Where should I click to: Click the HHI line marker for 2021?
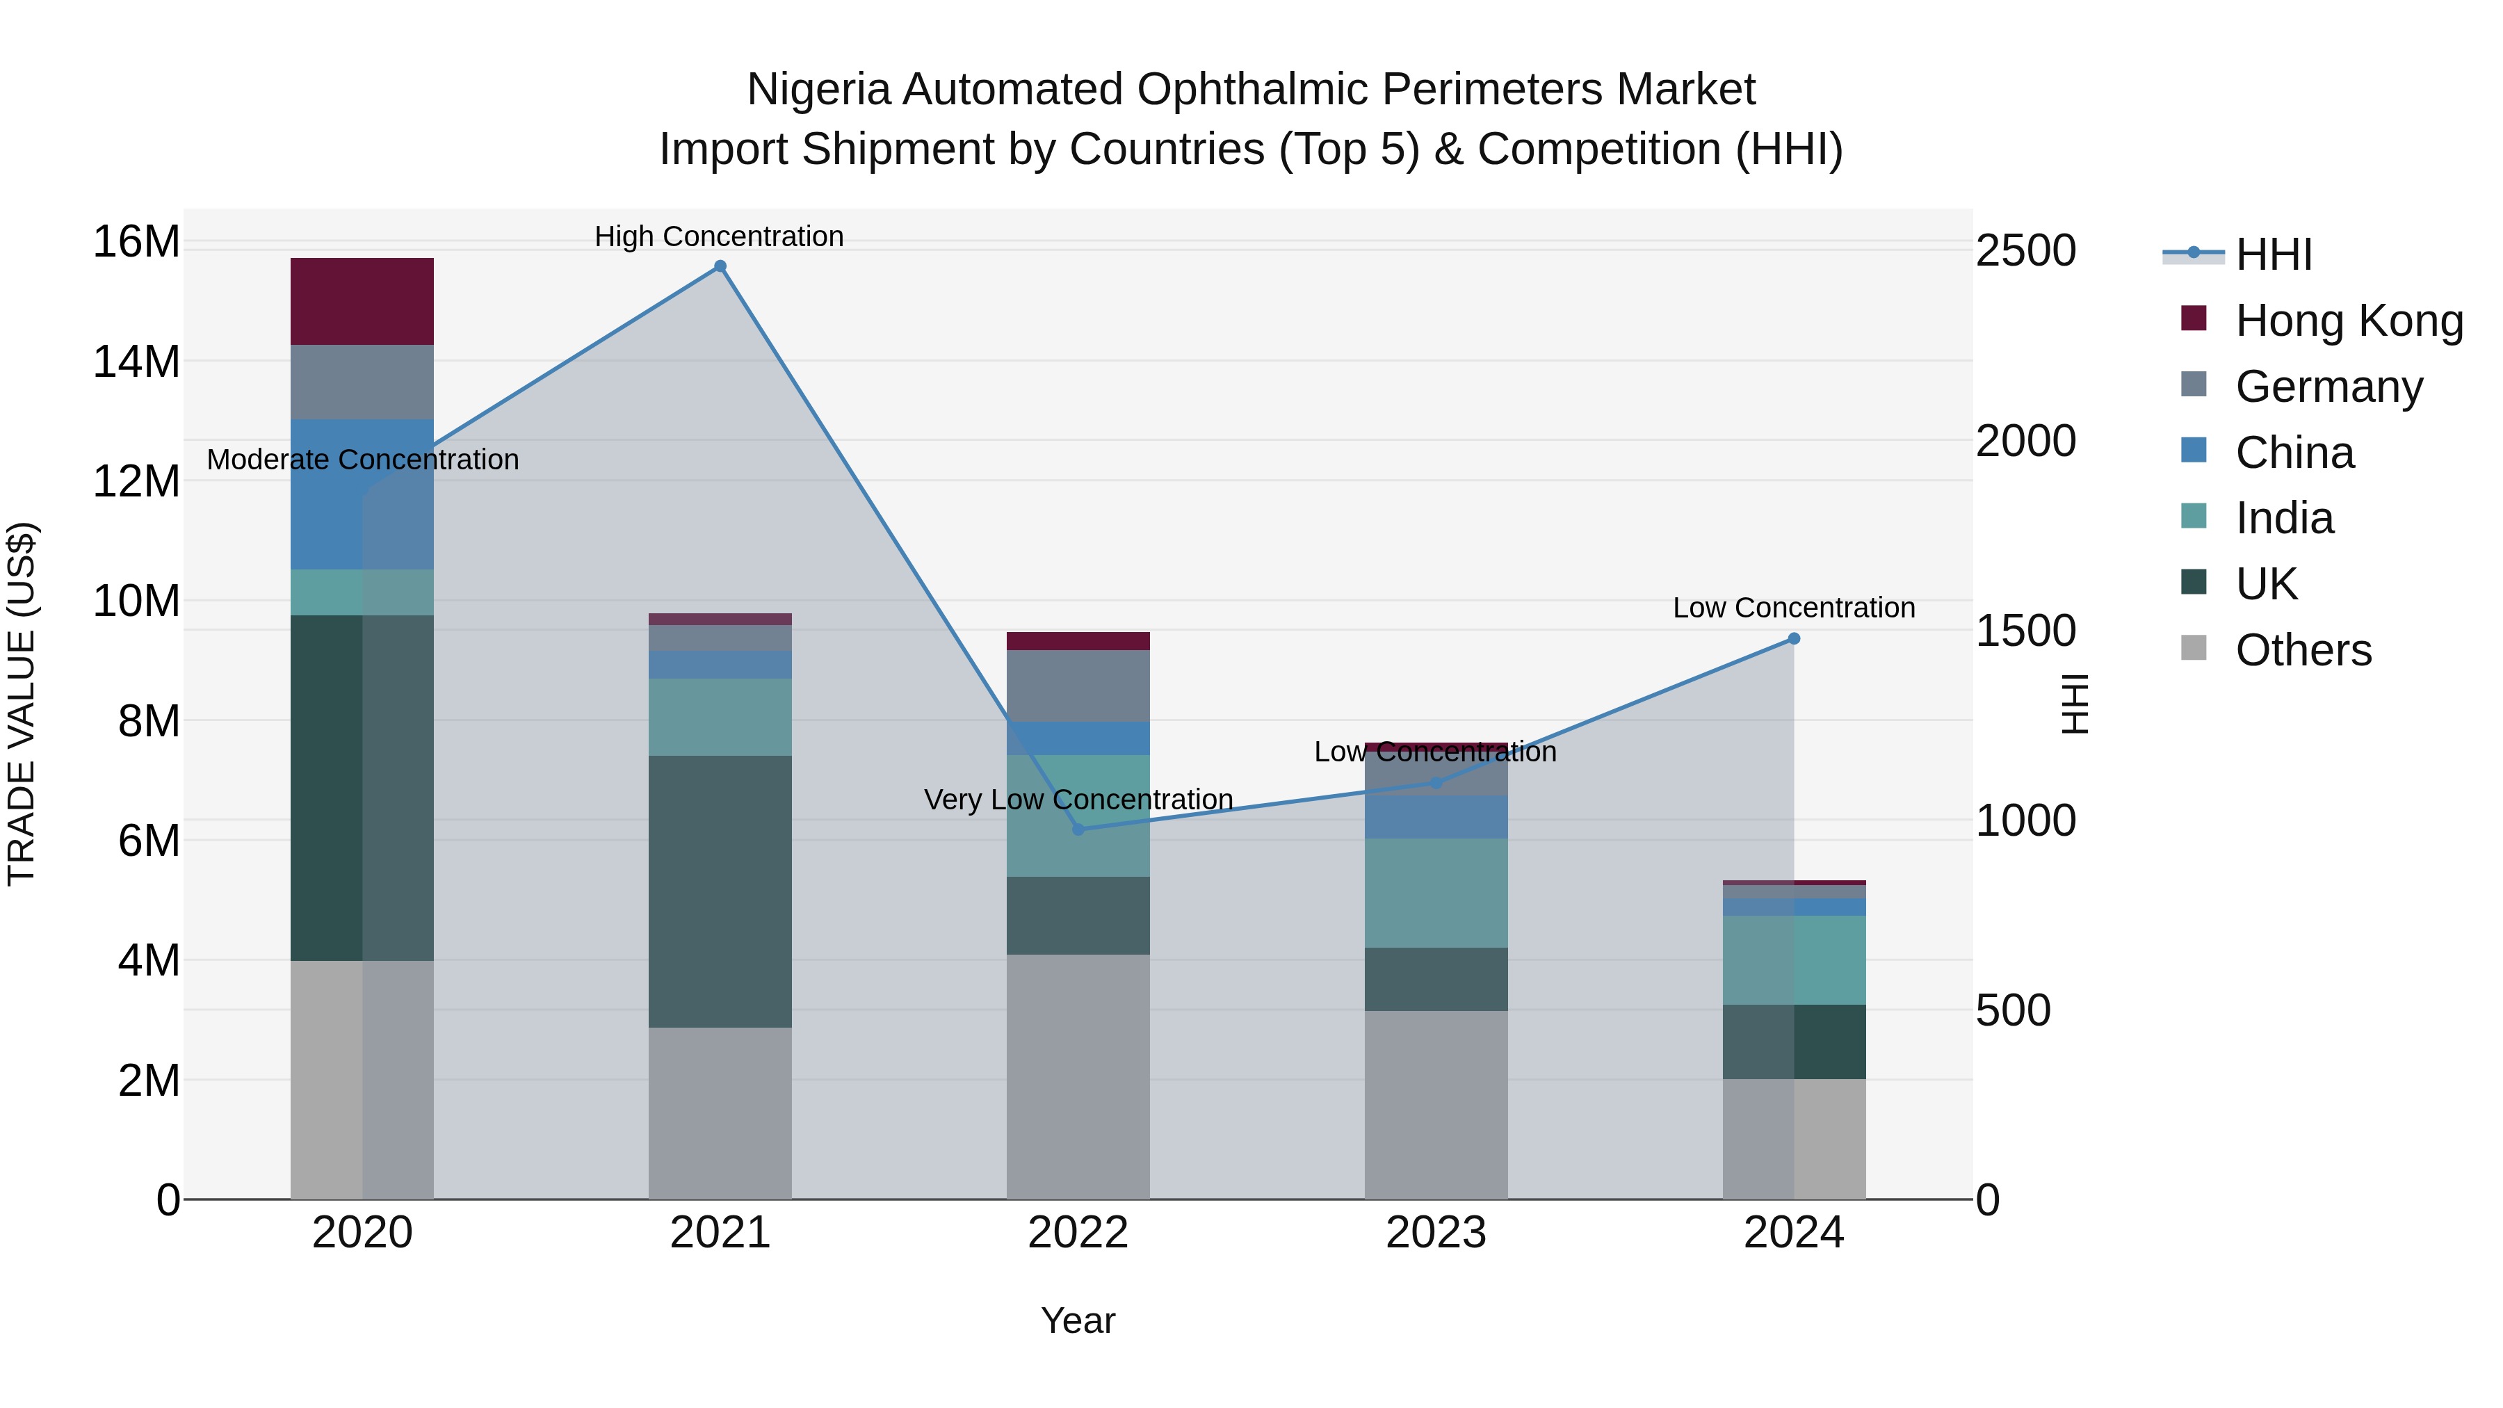(720, 266)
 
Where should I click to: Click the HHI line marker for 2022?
(1078, 829)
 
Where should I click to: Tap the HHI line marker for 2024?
(1794, 638)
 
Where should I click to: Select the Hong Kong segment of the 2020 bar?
(362, 301)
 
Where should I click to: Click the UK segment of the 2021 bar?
(720, 891)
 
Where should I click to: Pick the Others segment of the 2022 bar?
(1078, 1076)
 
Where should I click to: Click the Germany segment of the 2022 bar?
(1078, 685)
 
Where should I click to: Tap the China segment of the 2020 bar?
(362, 494)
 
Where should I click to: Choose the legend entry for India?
(2283, 518)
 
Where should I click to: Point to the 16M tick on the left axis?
(136, 241)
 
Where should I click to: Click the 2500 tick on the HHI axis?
(2027, 251)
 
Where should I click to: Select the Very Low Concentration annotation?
(1078, 800)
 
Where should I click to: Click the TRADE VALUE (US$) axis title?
(22, 704)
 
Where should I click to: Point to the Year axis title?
(1078, 1320)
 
